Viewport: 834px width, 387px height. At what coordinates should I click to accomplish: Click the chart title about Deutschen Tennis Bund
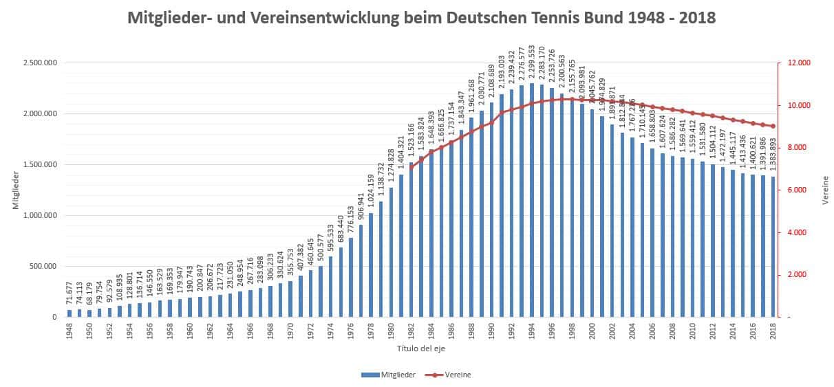point(421,18)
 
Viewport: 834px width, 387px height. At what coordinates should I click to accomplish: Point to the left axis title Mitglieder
point(15,190)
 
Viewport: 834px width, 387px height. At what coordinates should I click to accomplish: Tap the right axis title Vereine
point(825,190)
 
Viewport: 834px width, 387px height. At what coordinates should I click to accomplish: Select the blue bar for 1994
point(532,200)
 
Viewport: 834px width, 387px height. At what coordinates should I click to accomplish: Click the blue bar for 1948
point(69,313)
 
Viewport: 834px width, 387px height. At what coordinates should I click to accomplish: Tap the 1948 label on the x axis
point(69,331)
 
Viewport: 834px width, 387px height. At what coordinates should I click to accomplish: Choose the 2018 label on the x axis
point(773,331)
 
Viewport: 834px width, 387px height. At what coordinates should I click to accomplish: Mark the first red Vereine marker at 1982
point(411,167)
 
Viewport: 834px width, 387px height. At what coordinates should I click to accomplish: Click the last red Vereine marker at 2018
point(773,126)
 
